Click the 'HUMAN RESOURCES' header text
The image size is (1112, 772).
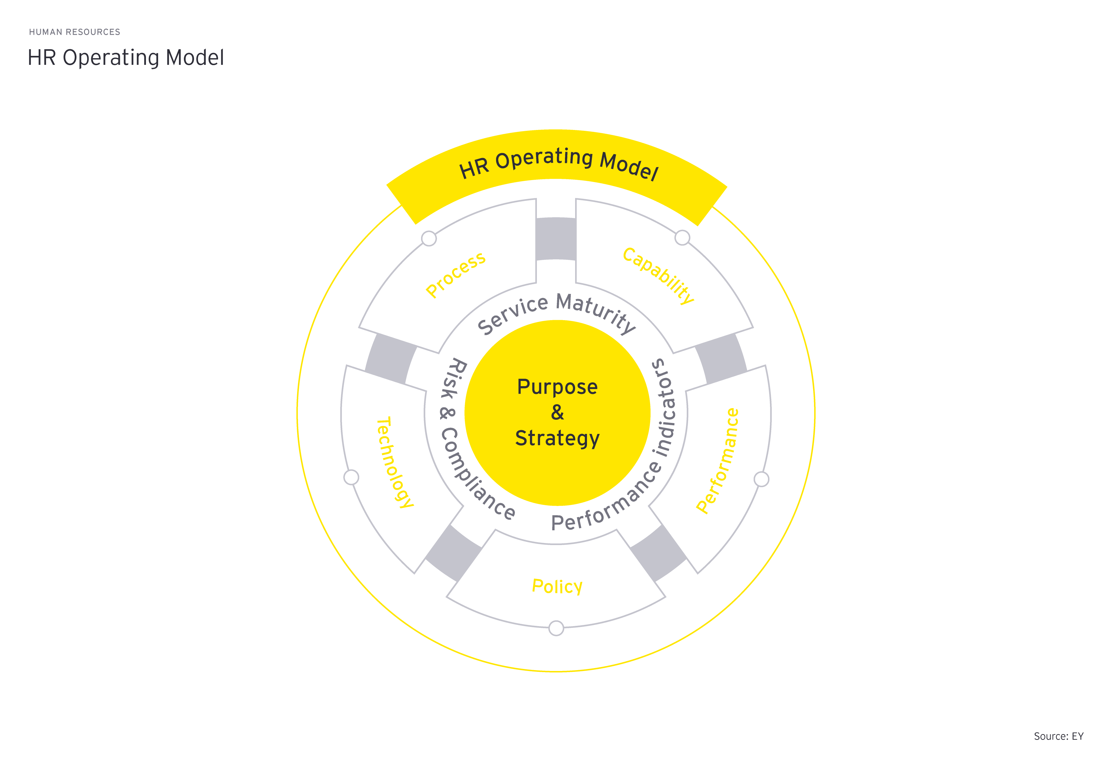click(74, 32)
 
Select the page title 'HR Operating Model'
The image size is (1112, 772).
click(126, 58)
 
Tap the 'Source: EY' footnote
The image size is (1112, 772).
click(1058, 736)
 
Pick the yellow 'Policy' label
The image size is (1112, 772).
click(557, 586)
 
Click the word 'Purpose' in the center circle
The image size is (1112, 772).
click(557, 387)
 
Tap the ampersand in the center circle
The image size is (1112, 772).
click(557, 412)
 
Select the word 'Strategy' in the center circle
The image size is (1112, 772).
click(557, 438)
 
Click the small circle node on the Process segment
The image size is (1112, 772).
click(429, 239)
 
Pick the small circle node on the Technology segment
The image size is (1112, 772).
click(351, 477)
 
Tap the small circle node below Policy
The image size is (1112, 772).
click(556, 628)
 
